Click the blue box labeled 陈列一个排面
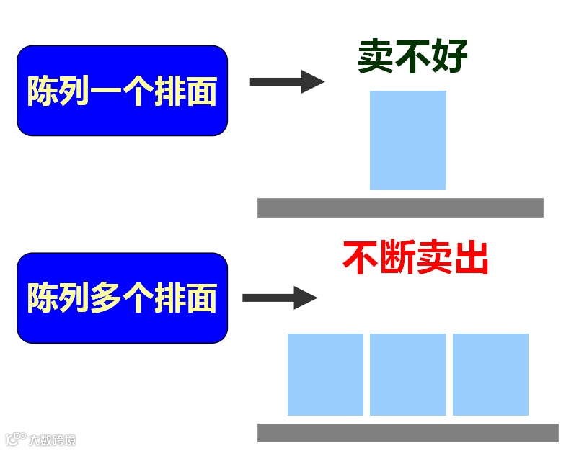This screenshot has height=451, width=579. point(122,90)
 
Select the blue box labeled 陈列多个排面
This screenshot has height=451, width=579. point(122,298)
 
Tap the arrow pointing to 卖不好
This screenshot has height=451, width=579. point(286,81)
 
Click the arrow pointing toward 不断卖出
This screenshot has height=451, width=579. point(279,298)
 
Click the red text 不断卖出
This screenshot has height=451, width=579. point(416,257)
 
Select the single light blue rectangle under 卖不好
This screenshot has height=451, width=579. point(407,140)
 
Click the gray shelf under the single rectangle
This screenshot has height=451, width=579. point(400,207)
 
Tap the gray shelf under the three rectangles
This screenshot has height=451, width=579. point(407,432)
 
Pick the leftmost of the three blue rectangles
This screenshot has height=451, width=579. point(325,374)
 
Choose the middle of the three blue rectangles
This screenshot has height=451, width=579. point(407,374)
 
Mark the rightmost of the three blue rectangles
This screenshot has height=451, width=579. point(490,374)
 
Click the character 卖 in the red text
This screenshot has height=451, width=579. point(435,257)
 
